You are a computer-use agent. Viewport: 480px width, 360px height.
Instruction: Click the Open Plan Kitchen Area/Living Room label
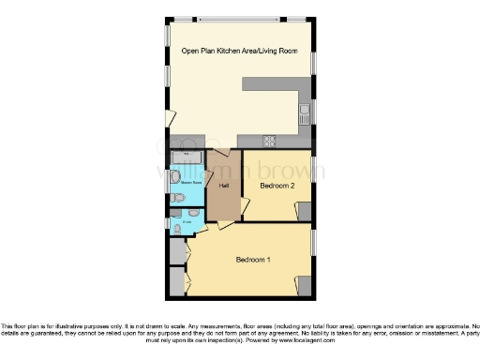(x=239, y=52)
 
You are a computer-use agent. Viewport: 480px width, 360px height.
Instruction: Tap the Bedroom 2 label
(x=277, y=186)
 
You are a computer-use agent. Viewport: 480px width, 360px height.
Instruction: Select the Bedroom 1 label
(x=253, y=260)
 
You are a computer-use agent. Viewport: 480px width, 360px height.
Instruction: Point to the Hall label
(x=224, y=186)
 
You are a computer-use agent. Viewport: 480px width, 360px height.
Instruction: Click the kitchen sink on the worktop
(x=305, y=116)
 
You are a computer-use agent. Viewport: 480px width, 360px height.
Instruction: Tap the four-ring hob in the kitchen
(x=269, y=142)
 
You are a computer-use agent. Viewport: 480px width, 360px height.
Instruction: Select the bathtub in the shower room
(x=187, y=157)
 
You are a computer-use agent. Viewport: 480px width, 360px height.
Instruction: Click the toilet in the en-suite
(x=177, y=228)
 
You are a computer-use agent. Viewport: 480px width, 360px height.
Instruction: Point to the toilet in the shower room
(x=175, y=176)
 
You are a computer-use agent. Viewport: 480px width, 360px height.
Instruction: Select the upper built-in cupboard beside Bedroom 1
(x=177, y=250)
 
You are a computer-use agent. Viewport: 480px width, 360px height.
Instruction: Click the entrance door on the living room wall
(x=170, y=118)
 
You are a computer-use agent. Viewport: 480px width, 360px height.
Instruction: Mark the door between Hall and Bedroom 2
(x=244, y=206)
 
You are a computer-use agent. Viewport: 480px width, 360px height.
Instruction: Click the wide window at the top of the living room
(x=239, y=18)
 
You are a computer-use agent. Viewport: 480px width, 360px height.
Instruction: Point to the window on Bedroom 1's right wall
(x=313, y=242)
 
